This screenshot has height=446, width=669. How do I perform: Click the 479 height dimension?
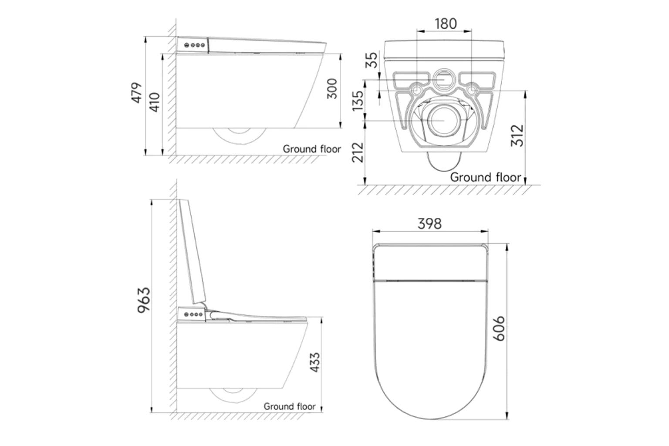pos(137,92)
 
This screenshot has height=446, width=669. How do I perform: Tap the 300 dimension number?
pos(332,88)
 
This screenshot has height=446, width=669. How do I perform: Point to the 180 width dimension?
pos(445,24)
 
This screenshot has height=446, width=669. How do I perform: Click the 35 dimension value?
pos(371,61)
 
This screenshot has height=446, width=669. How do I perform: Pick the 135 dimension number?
pos(358,101)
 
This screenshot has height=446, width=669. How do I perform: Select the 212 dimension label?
pos(358,151)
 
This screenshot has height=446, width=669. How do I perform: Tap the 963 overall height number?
pos(143,300)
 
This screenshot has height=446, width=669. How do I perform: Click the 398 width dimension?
pos(429,223)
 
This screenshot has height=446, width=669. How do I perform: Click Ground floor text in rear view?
pos(485,177)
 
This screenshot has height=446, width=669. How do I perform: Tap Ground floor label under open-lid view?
pos(289,406)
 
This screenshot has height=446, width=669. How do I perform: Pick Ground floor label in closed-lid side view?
pos(312,149)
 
